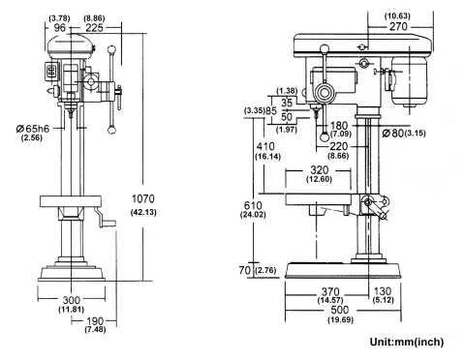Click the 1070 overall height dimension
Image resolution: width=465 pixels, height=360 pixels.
pos(143,199)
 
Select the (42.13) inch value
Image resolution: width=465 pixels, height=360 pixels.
pos(143,212)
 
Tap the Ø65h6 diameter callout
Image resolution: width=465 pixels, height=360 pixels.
pos(29,128)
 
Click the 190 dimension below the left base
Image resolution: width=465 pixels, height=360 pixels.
pos(94,320)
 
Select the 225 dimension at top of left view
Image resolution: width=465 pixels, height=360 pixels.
pos(95,28)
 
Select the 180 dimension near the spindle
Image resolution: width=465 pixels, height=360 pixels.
pos(339,124)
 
